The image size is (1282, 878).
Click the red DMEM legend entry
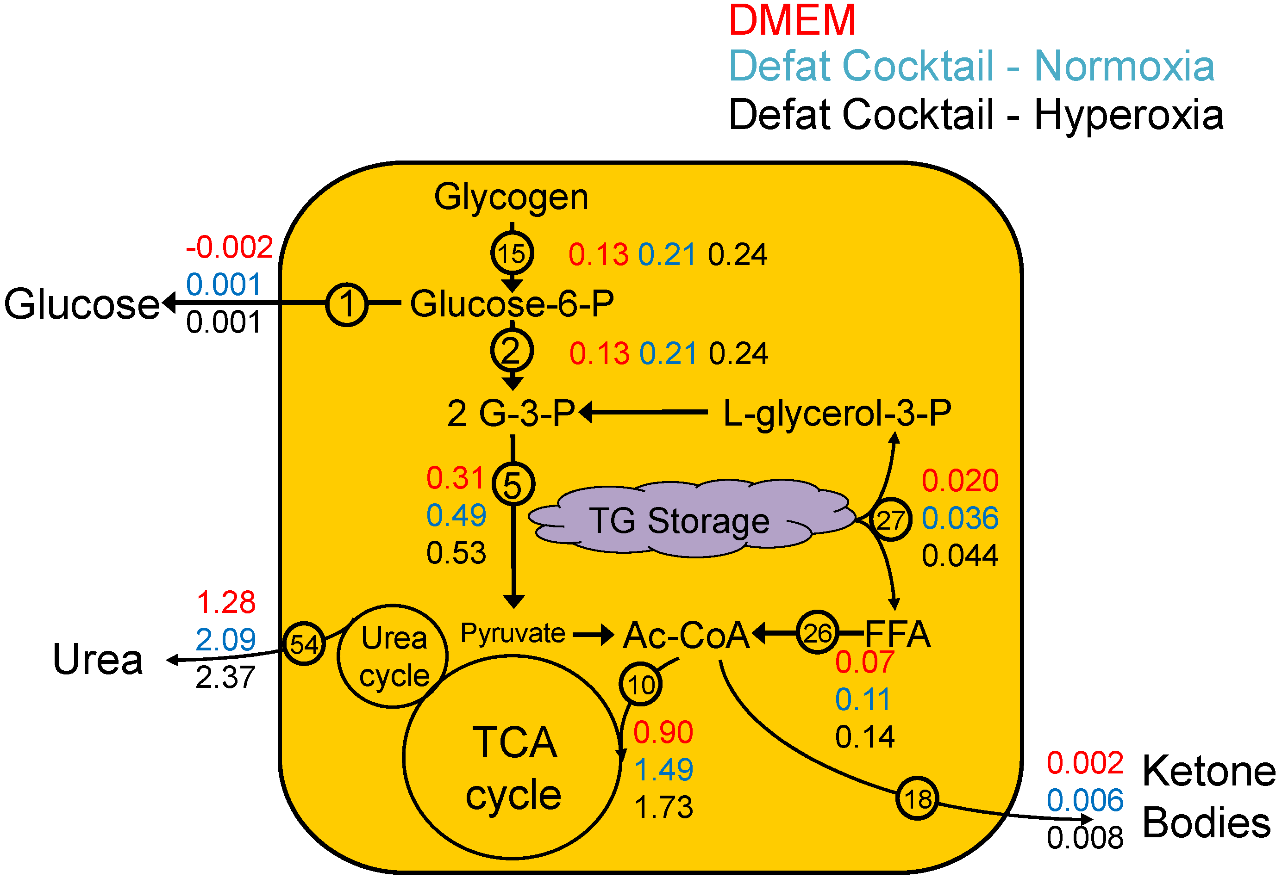pos(792,21)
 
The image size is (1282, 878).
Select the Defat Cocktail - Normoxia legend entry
pos(971,66)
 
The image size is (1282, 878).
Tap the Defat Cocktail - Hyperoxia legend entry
pos(976,115)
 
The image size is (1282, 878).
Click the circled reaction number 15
pos(512,254)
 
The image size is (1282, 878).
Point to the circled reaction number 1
pos(346,304)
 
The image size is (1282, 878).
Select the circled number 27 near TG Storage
pos(890,520)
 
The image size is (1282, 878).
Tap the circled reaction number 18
pos(917,798)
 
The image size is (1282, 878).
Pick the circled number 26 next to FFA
pos(817,633)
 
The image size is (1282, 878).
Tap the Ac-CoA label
pos(686,635)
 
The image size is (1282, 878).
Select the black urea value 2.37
pos(225,677)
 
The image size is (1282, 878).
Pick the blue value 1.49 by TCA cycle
pos(663,769)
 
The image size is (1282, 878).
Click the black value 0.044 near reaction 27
pos(960,556)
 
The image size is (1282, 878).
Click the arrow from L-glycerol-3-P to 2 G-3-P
pos(643,412)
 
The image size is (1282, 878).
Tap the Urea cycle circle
pos(393,656)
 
